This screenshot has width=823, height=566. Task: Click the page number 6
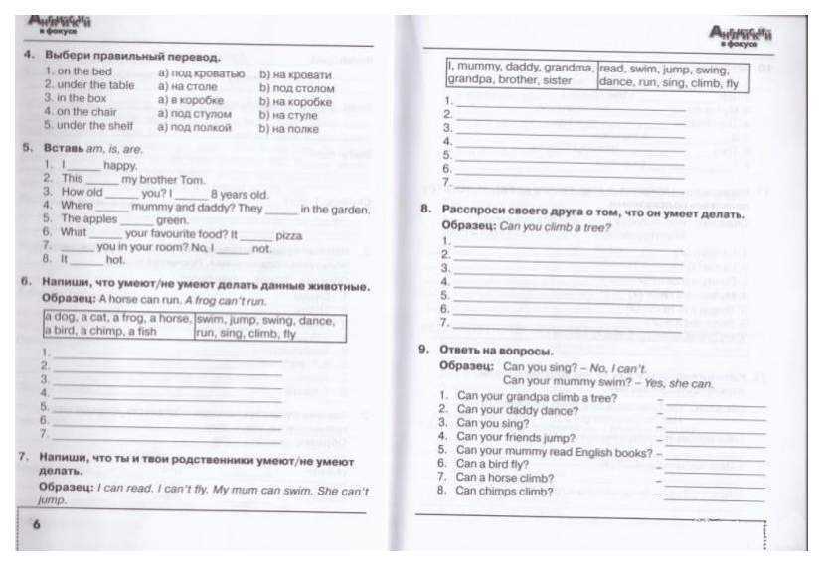coord(36,525)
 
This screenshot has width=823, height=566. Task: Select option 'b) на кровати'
coord(295,74)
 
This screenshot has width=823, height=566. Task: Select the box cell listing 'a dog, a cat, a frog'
coord(118,326)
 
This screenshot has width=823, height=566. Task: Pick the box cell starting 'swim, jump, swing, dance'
coord(268,326)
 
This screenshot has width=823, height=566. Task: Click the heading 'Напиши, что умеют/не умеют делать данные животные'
coord(204,285)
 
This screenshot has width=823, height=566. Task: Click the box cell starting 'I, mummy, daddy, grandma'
coord(521,73)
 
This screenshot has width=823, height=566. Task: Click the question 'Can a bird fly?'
coord(491,463)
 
